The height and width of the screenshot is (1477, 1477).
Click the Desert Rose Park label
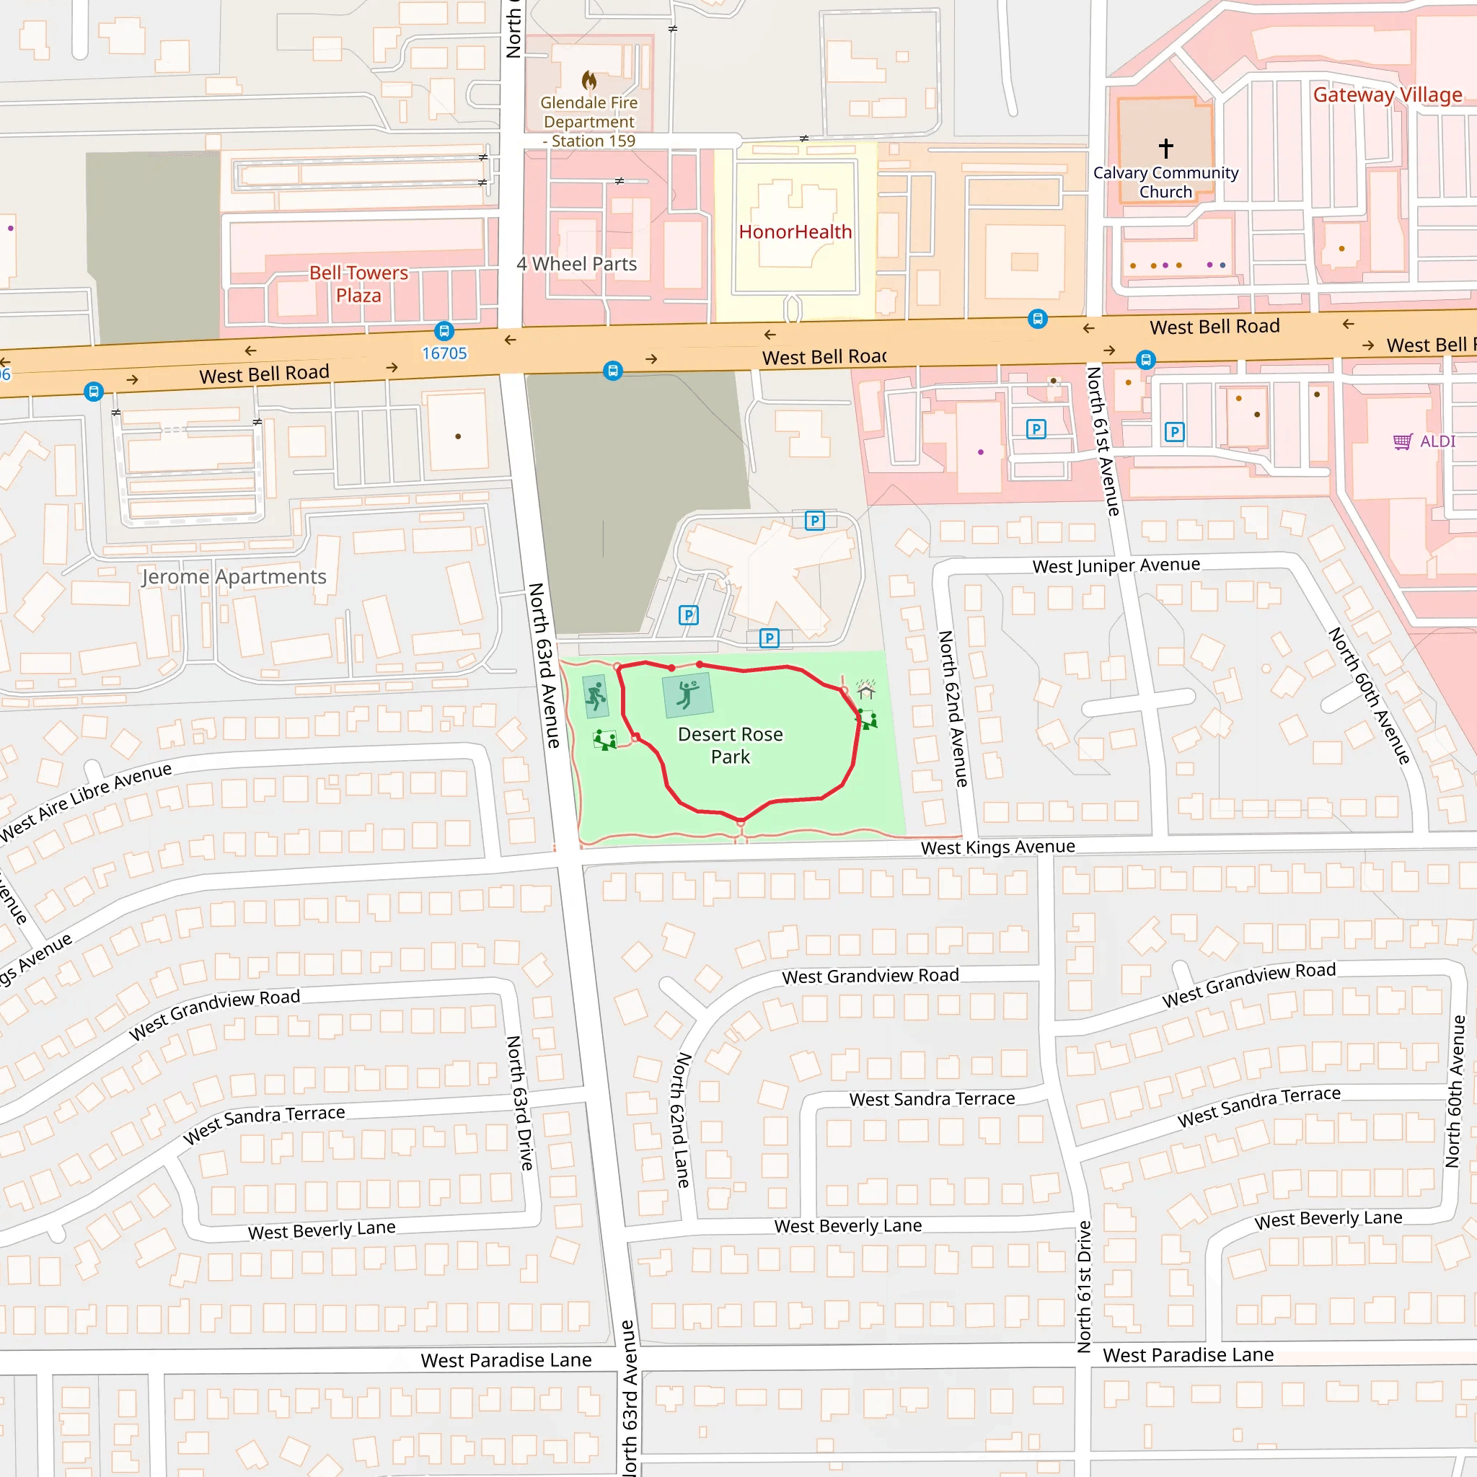(x=730, y=746)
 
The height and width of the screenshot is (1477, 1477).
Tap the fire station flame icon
(x=588, y=79)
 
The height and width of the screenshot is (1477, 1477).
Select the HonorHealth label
(x=795, y=232)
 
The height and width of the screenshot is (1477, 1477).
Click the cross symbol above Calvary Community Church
(x=1166, y=148)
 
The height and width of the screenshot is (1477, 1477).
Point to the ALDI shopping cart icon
(x=1402, y=441)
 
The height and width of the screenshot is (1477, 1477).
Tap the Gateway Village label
(x=1387, y=94)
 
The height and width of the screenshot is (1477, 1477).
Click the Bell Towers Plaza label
(x=358, y=283)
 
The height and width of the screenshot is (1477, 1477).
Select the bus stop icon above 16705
(x=444, y=331)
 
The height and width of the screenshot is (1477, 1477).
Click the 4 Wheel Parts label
(x=576, y=264)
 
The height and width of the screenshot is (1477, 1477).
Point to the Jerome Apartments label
(x=234, y=576)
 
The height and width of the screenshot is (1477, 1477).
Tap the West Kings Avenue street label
(x=997, y=847)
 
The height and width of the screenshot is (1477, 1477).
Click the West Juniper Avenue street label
(x=1116, y=565)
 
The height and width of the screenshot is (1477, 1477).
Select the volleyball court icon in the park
(x=687, y=695)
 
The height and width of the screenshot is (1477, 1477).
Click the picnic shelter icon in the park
(x=865, y=689)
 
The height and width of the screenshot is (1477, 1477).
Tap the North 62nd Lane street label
(x=680, y=1120)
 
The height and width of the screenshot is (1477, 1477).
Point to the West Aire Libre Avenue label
(x=87, y=802)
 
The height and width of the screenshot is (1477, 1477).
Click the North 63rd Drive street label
(x=520, y=1103)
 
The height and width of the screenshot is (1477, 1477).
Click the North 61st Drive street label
(x=1084, y=1287)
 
